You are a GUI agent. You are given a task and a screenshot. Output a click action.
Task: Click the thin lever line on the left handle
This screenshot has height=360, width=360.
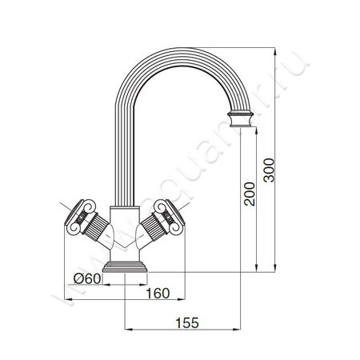tap(66, 210)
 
